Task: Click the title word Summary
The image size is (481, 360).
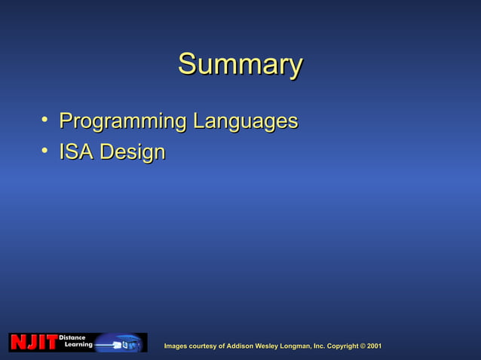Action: pyautogui.click(x=240, y=65)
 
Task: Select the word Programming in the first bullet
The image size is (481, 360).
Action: pyautogui.click(x=123, y=121)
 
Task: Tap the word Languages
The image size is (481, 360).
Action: pyautogui.click(x=245, y=121)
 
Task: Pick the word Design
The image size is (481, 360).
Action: pyautogui.click(x=132, y=152)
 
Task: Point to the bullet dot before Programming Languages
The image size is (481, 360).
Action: pyautogui.click(x=45, y=120)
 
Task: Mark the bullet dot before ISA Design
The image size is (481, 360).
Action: pyautogui.click(x=45, y=151)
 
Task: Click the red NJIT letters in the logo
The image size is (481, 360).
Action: pyautogui.click(x=33, y=343)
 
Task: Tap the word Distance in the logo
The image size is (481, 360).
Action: pyautogui.click(x=72, y=337)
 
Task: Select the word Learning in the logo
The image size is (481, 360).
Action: pyautogui.click(x=78, y=345)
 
